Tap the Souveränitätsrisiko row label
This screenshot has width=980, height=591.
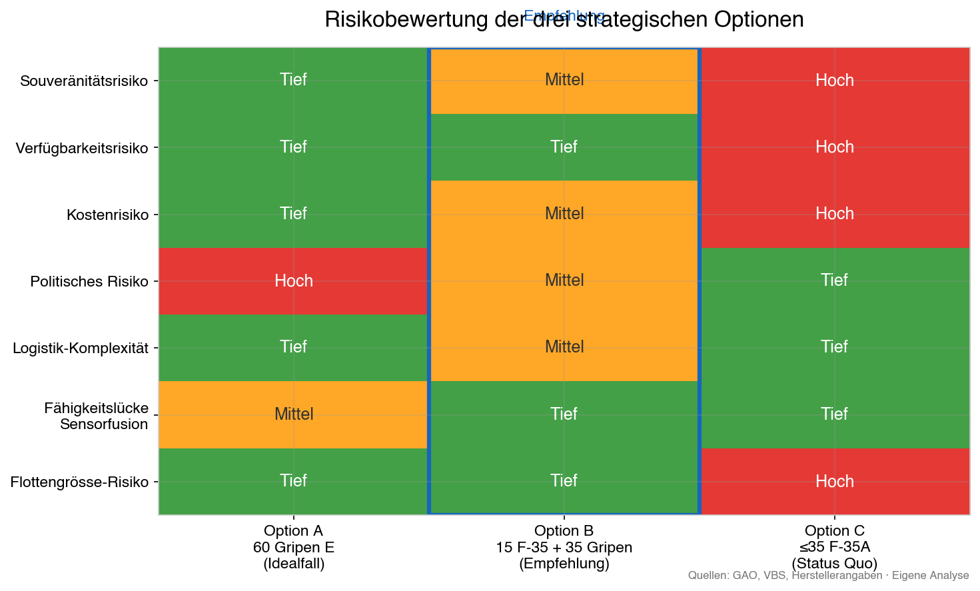coord(84,81)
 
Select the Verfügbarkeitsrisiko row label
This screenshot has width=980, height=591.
coord(82,148)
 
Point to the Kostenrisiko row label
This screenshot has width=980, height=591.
coord(107,215)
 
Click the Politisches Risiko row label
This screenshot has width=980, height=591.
coord(89,281)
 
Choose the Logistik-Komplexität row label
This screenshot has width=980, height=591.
coord(81,348)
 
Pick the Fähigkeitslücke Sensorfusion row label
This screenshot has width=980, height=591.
coord(96,416)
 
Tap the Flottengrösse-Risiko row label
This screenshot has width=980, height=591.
coord(79,482)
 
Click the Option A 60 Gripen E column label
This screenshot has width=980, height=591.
coord(293,547)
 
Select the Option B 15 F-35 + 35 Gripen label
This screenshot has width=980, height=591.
coord(564,547)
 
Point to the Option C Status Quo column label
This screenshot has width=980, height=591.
coord(834,547)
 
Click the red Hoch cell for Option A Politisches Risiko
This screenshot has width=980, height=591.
coord(293,281)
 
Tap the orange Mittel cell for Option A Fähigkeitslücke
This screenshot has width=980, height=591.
coord(293,414)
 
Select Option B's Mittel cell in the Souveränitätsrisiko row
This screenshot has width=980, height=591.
coord(564,80)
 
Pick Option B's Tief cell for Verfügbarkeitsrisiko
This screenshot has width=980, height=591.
coord(564,147)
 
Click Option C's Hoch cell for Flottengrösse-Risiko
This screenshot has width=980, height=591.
coord(834,481)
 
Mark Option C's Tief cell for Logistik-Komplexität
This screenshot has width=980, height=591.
coord(834,346)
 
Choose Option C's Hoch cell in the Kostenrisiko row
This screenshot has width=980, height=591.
coord(834,213)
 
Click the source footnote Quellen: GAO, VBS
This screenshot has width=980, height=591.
coord(828,576)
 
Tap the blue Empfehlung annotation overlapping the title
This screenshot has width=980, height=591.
coord(564,15)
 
